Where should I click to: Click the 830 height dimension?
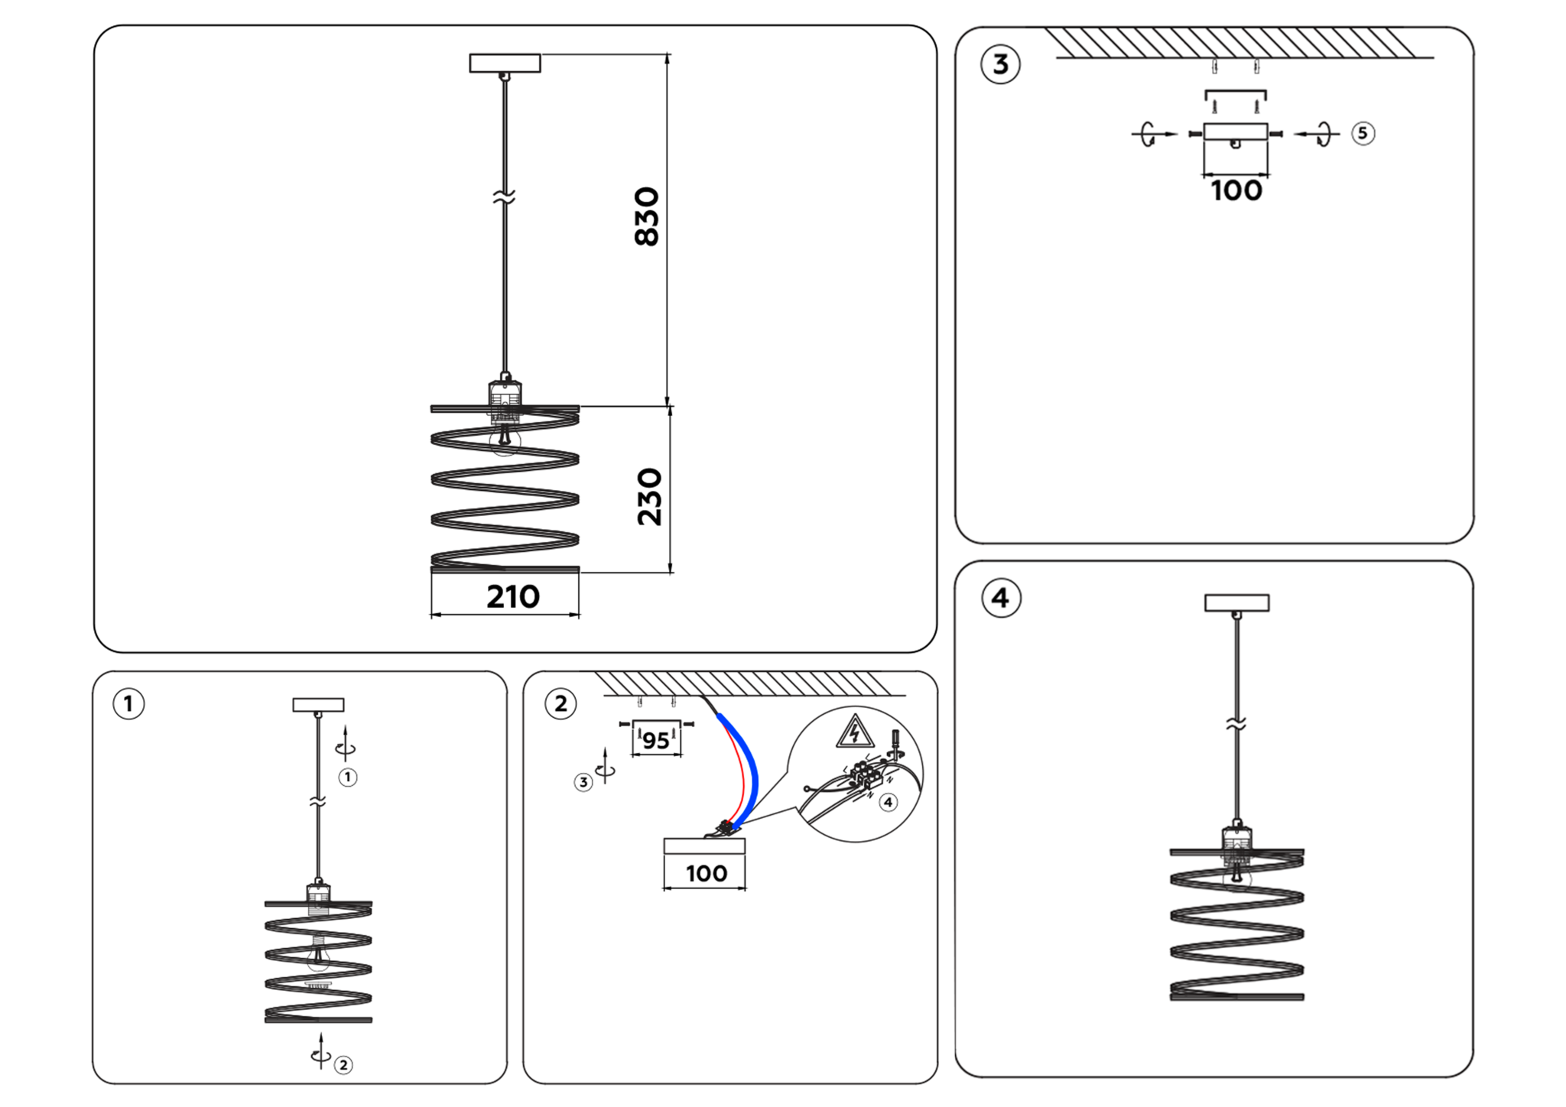(647, 216)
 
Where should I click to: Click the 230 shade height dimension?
(649, 497)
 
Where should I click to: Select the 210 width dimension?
(512, 597)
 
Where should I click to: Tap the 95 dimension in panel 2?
(656, 740)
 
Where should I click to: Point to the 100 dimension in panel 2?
(706, 873)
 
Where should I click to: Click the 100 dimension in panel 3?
(1236, 190)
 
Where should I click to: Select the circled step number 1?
(128, 703)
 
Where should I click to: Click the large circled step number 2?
(560, 703)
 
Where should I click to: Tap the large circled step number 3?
(1000, 64)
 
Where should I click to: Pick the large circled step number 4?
(1000, 598)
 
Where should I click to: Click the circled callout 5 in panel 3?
(1363, 133)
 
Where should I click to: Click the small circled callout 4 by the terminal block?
(888, 802)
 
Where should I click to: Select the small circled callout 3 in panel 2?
(583, 782)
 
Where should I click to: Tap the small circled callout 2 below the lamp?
(343, 1065)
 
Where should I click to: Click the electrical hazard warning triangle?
(855, 732)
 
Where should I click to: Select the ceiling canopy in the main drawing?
(505, 63)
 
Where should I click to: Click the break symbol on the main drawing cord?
(504, 197)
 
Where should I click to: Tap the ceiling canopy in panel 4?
(1236, 602)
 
